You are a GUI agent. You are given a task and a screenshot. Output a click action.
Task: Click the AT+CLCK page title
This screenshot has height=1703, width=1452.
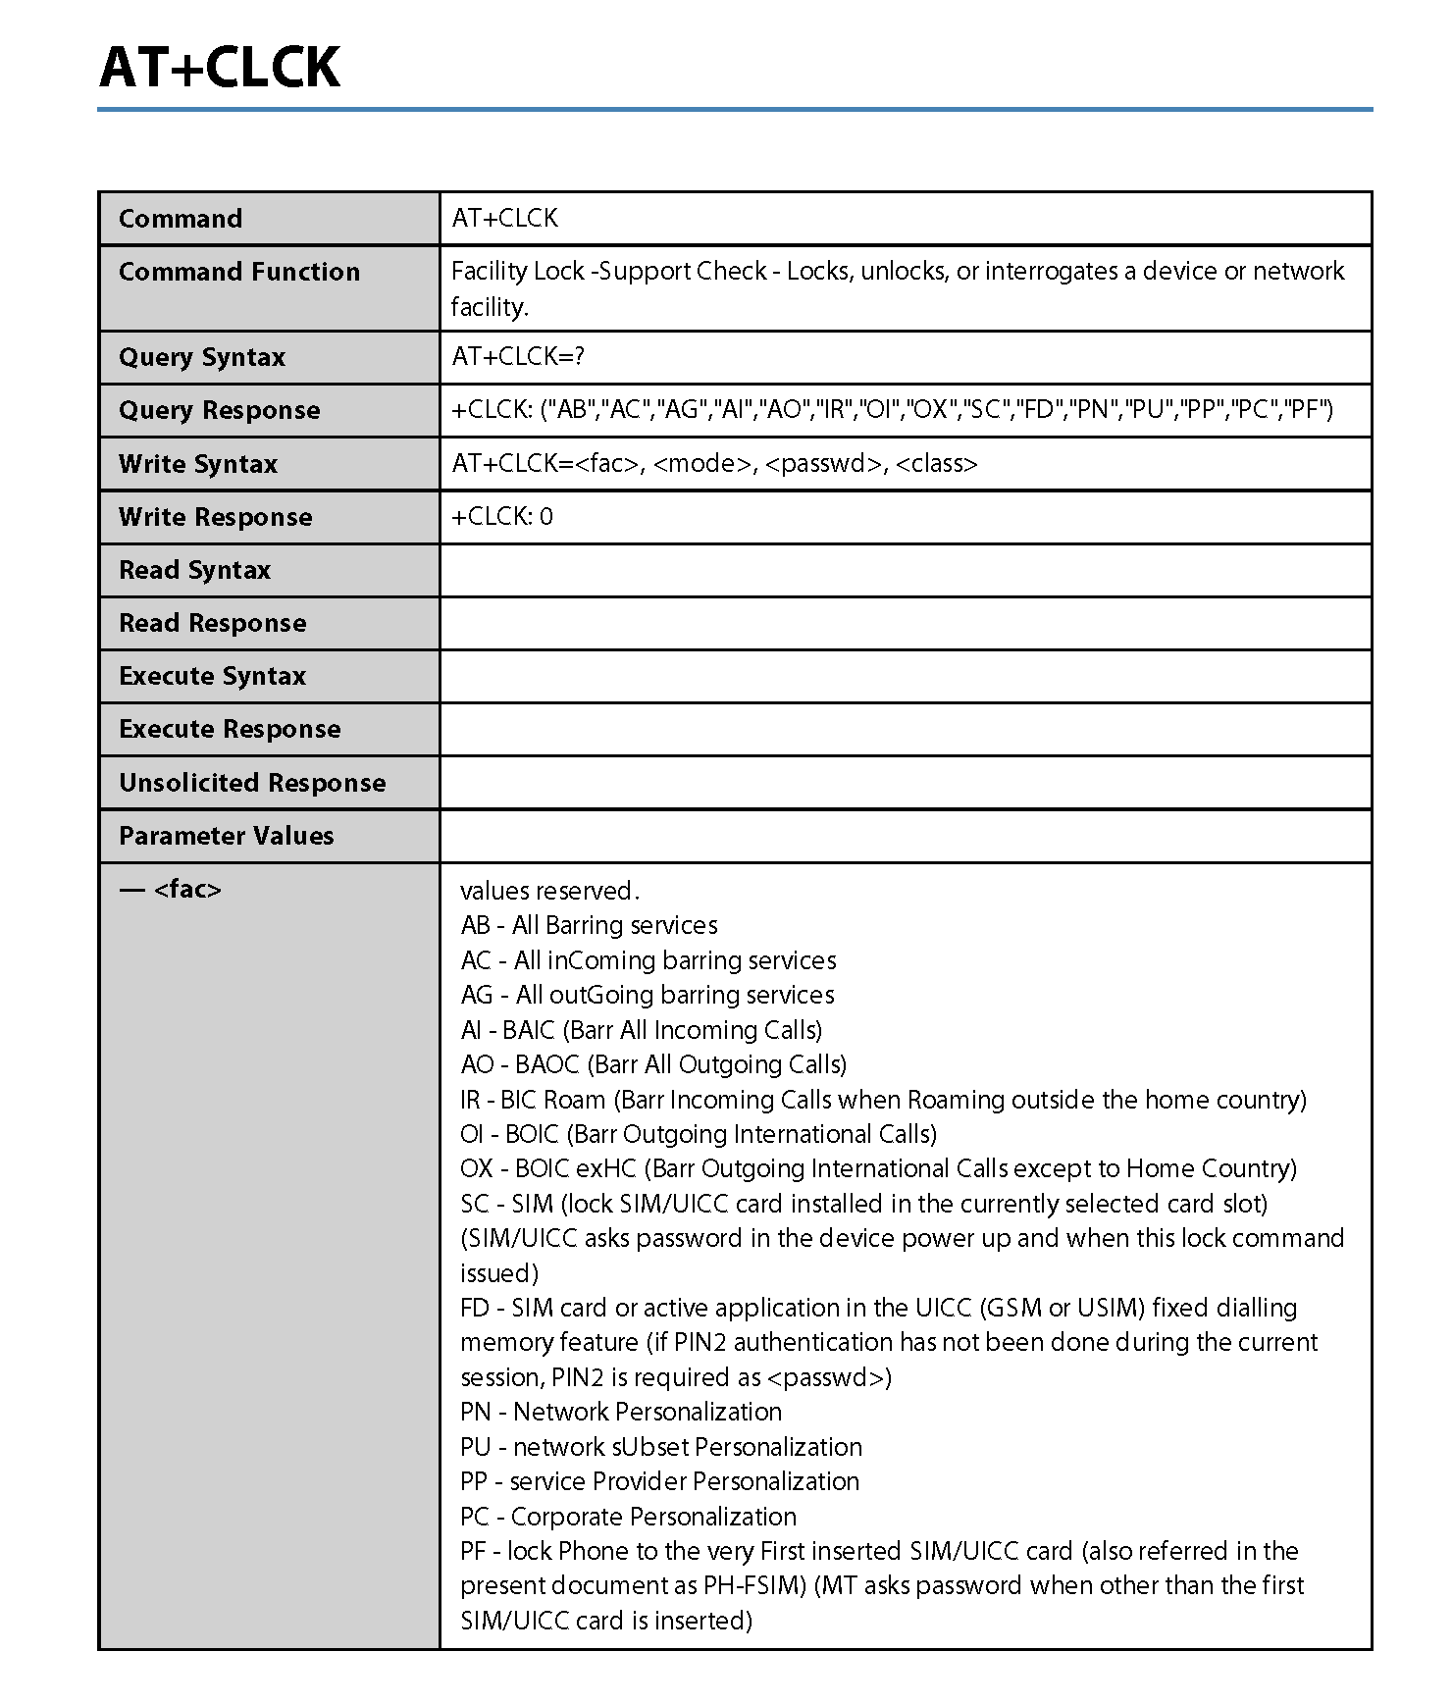click(220, 68)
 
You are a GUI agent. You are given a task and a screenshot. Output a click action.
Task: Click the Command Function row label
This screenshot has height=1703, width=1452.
click(239, 272)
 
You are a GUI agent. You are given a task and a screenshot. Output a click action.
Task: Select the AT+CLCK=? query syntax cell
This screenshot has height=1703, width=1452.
click(518, 357)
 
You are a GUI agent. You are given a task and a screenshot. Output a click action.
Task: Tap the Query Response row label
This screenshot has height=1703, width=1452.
click(219, 410)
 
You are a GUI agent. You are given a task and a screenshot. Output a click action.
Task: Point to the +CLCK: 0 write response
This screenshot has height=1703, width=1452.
click(502, 517)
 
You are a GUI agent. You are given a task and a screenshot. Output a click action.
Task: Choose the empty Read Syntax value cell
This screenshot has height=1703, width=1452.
click(905, 570)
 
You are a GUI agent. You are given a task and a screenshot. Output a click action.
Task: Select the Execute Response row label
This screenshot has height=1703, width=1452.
click(230, 729)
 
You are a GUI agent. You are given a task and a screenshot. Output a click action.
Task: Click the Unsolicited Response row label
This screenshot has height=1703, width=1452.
click(252, 783)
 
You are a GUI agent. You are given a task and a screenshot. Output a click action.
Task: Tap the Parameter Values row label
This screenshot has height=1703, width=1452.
click(226, 836)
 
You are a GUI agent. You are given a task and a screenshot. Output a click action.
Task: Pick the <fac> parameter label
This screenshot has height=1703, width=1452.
click(187, 890)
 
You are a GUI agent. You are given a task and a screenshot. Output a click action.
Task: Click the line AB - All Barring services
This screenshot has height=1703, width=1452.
click(589, 925)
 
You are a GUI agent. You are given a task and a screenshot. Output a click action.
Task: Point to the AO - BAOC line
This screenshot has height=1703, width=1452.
click(653, 1064)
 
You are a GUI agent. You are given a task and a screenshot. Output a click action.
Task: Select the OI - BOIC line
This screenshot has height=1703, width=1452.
click(698, 1134)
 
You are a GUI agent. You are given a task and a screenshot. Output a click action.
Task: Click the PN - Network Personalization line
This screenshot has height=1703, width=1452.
click(621, 1412)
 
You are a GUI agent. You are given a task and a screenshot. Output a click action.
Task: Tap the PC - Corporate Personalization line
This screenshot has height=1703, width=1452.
click(628, 1517)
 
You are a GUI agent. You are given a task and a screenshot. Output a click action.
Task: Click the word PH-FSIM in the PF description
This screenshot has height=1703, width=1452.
click(754, 1585)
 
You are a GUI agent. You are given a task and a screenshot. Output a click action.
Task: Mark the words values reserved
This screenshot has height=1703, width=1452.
click(549, 891)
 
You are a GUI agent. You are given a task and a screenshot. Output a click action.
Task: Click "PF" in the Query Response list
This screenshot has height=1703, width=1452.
click(1304, 410)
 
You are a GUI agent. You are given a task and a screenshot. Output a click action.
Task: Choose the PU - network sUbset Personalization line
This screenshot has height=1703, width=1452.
click(661, 1447)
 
